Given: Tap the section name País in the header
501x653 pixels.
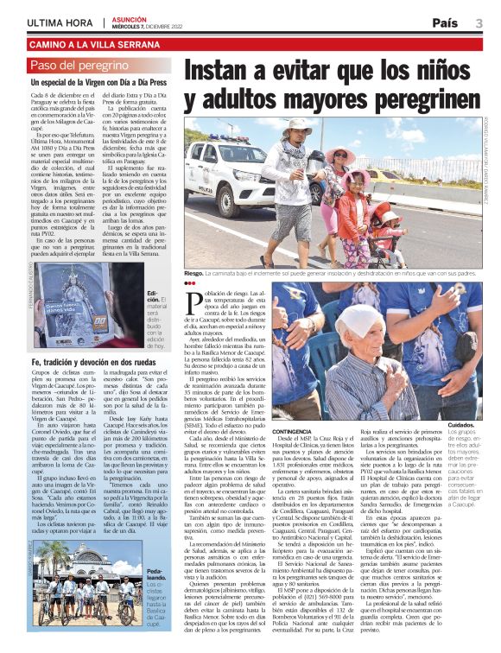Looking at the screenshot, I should pyautogui.click(x=445, y=22).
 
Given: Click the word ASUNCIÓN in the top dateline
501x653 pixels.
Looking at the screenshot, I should pyautogui.click(x=128, y=17).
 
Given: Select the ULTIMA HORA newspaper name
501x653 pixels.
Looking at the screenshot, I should pyautogui.click(x=57, y=22).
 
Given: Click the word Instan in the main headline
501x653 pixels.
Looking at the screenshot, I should pyautogui.click(x=231, y=71).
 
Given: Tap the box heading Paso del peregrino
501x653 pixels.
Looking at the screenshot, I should pyautogui.click(x=79, y=66).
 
